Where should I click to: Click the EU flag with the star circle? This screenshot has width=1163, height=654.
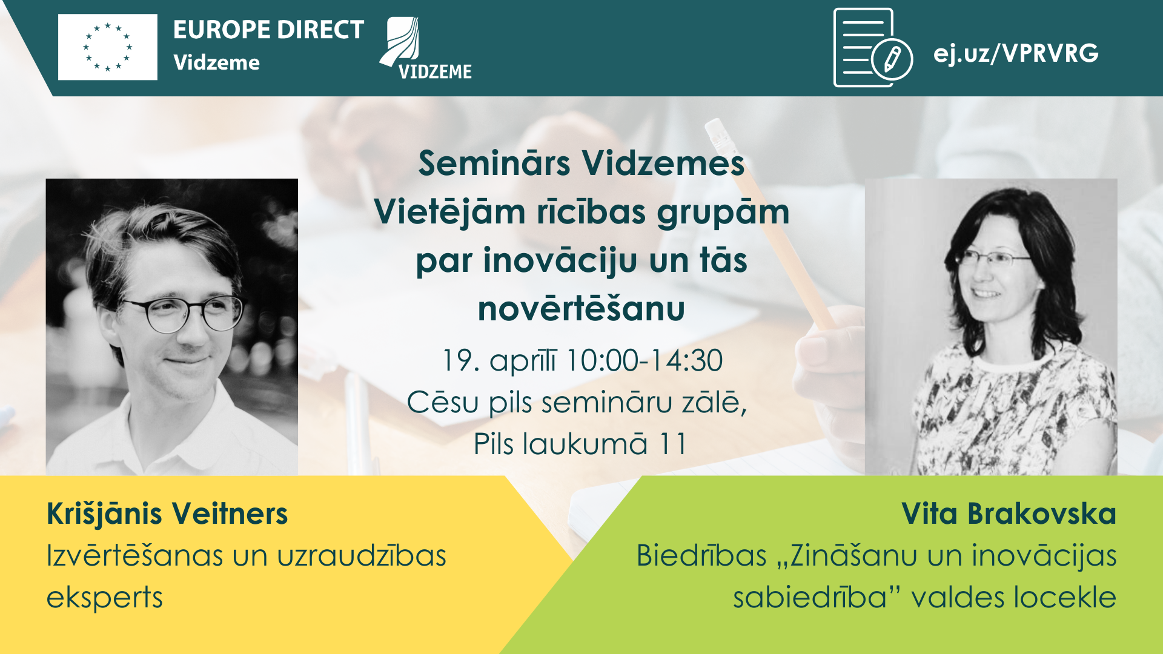(x=108, y=47)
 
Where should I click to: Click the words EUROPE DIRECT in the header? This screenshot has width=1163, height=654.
(x=268, y=30)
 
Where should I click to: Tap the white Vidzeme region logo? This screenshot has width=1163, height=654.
(x=425, y=48)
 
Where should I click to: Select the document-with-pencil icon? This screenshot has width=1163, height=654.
(x=873, y=48)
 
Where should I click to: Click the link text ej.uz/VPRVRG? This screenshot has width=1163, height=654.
(x=1016, y=53)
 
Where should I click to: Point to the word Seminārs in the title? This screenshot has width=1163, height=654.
(x=494, y=163)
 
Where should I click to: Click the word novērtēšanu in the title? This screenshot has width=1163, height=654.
(x=581, y=309)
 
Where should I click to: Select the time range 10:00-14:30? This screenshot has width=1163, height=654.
(x=644, y=361)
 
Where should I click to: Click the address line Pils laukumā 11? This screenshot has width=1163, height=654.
(x=580, y=444)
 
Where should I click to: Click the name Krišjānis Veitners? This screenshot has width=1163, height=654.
(x=167, y=514)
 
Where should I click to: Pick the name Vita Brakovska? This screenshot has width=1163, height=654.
(x=1009, y=514)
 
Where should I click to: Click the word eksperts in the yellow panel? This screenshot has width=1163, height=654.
(x=105, y=598)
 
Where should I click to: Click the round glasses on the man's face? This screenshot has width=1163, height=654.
(x=189, y=314)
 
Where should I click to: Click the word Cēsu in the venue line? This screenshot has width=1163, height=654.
(x=443, y=402)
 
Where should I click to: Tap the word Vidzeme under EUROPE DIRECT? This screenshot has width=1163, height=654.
(x=216, y=62)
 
